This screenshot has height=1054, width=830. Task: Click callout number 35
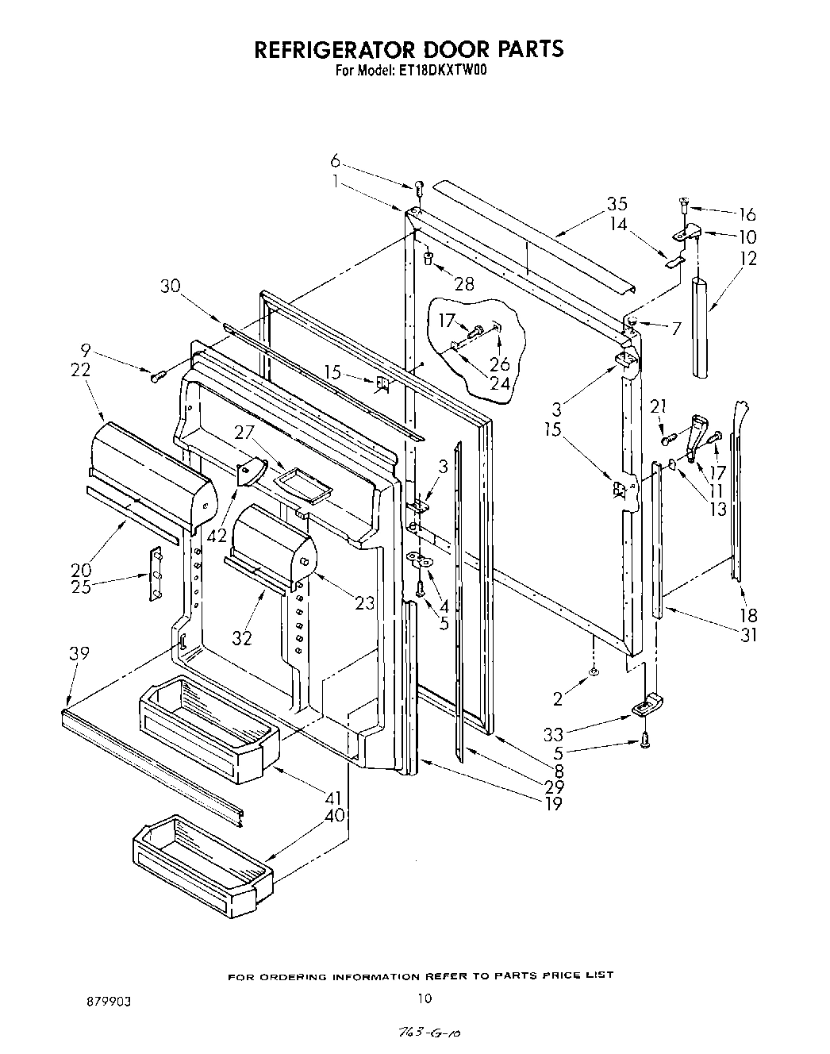(617, 203)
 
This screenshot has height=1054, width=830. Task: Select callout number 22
(80, 370)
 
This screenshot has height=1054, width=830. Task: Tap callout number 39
(79, 653)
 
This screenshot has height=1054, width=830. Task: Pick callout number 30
(171, 287)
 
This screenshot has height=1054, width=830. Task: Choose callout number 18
(747, 615)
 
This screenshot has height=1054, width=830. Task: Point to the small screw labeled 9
(156, 375)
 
